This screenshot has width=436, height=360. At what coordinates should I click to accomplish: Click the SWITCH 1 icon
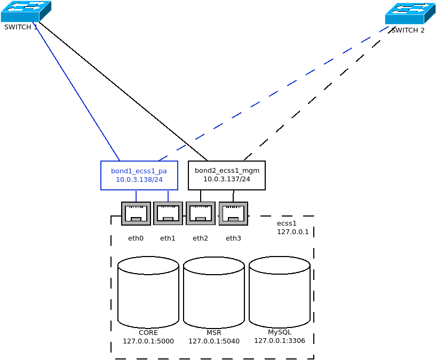pos(26,11)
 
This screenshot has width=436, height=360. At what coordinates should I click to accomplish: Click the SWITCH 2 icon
pos(410,13)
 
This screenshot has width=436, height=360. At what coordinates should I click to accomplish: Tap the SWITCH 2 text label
pos(408,30)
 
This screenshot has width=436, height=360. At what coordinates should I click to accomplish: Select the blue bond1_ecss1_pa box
pos(139,175)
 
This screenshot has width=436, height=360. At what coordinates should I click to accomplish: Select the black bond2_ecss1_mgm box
pos(227,175)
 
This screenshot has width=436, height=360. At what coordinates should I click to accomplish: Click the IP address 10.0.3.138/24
pos(139,180)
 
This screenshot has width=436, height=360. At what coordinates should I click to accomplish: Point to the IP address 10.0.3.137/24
pos(227,179)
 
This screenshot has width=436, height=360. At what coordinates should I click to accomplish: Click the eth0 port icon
pos(136,213)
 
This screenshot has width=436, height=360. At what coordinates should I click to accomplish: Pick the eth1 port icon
pos(168,213)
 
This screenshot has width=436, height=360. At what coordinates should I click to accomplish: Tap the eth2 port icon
pos(201,213)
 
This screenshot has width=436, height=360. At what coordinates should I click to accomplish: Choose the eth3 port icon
pos(233,213)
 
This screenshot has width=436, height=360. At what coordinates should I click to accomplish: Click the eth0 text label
pos(136,238)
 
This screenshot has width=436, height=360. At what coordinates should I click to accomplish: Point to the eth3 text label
pos(233,238)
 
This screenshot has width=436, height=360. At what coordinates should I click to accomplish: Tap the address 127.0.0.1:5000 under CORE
pos(148,341)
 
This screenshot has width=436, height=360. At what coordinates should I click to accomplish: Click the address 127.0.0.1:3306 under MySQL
pos(280,341)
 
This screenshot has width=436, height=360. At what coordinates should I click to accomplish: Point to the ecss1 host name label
pos(287,223)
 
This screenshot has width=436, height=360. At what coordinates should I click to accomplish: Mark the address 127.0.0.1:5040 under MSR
pos(214,341)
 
